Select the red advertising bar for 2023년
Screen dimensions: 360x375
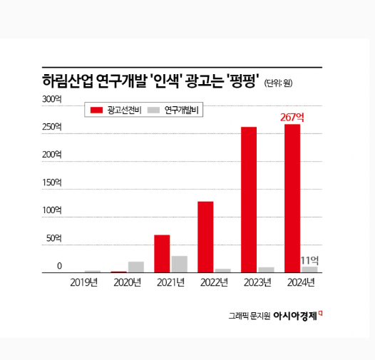[249, 200]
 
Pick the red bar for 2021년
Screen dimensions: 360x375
[162, 253]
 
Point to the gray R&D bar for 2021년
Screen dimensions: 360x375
[179, 264]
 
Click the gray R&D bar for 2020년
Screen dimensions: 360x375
[135, 267]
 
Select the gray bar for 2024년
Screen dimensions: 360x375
[309, 269]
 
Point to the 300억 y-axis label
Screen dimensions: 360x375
[52, 98]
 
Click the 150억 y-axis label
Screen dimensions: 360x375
[52, 182]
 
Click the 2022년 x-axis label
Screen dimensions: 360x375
[214, 282]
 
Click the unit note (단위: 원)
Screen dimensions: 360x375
[278, 82]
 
